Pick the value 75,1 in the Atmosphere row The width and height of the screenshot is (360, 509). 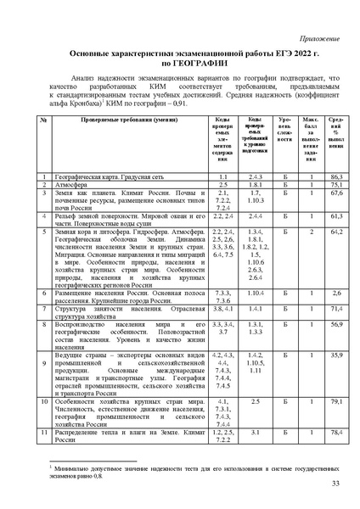point(335,184)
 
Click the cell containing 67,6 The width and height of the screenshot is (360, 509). point(335,193)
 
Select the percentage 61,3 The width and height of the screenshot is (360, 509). point(335,216)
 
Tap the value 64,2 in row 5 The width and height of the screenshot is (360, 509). point(335,232)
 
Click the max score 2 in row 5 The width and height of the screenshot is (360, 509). point(312,232)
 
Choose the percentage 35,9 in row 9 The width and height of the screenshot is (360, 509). point(335,354)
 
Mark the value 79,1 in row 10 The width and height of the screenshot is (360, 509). point(335,400)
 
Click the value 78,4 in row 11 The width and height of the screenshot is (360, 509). point(335,433)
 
